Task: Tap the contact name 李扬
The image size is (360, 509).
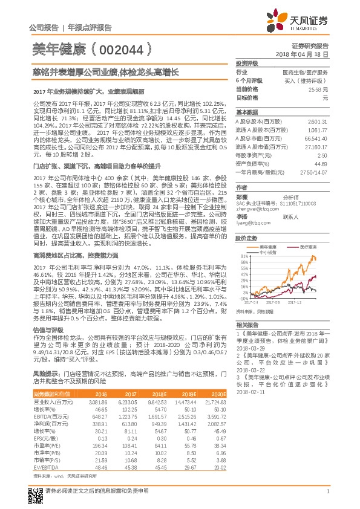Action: point(242,216)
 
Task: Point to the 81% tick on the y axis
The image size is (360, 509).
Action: point(242,256)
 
